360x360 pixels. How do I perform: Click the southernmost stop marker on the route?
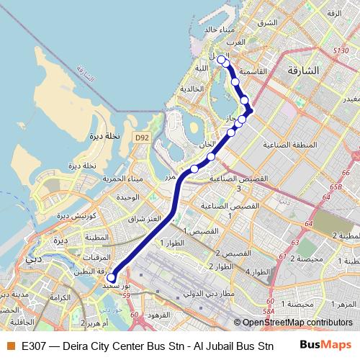click(x=111, y=277)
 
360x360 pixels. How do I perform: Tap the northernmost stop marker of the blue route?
click(x=220, y=60)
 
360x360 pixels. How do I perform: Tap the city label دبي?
click(x=33, y=257)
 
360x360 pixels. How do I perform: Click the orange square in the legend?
click(x=10, y=346)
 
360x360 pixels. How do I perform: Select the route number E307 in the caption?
click(x=32, y=346)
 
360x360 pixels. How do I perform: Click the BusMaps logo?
click(x=327, y=346)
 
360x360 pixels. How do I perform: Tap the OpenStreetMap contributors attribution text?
click(x=297, y=323)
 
